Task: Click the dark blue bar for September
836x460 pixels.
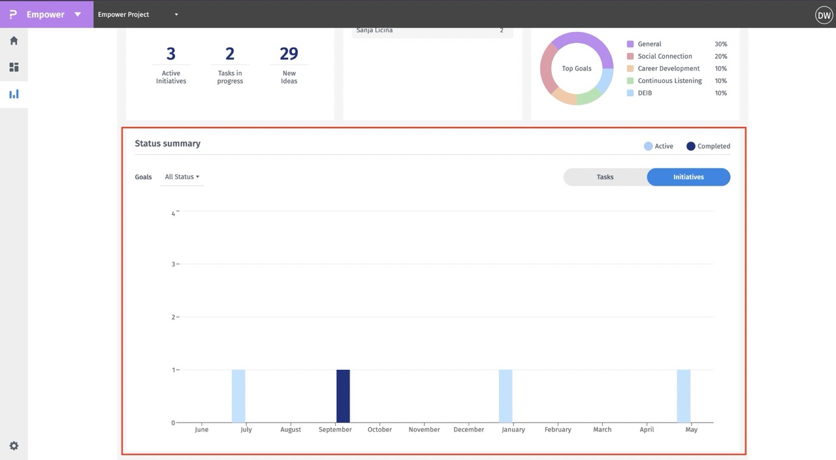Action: point(343,396)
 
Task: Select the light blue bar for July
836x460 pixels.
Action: point(238,396)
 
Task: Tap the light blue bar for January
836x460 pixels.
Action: point(506,396)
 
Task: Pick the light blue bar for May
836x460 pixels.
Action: point(683,396)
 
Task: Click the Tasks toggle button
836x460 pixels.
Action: point(605,177)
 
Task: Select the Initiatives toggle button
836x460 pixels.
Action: point(688,177)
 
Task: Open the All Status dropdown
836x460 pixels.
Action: point(182,177)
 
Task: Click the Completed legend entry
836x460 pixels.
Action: point(709,146)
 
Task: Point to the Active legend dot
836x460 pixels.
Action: point(649,146)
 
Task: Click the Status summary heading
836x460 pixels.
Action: point(167,144)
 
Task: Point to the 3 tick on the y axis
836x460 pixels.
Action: point(173,264)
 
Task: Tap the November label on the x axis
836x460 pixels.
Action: point(425,430)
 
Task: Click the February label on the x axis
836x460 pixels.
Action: point(558,430)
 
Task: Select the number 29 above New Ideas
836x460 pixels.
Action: point(289,54)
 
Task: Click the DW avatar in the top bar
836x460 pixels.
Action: point(824,14)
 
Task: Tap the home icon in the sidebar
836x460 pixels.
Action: point(14,41)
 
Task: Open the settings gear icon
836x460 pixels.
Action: point(14,446)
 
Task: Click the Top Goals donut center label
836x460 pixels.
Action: point(577,69)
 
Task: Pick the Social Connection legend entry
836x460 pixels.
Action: point(664,56)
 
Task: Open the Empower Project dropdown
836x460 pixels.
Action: point(138,14)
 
